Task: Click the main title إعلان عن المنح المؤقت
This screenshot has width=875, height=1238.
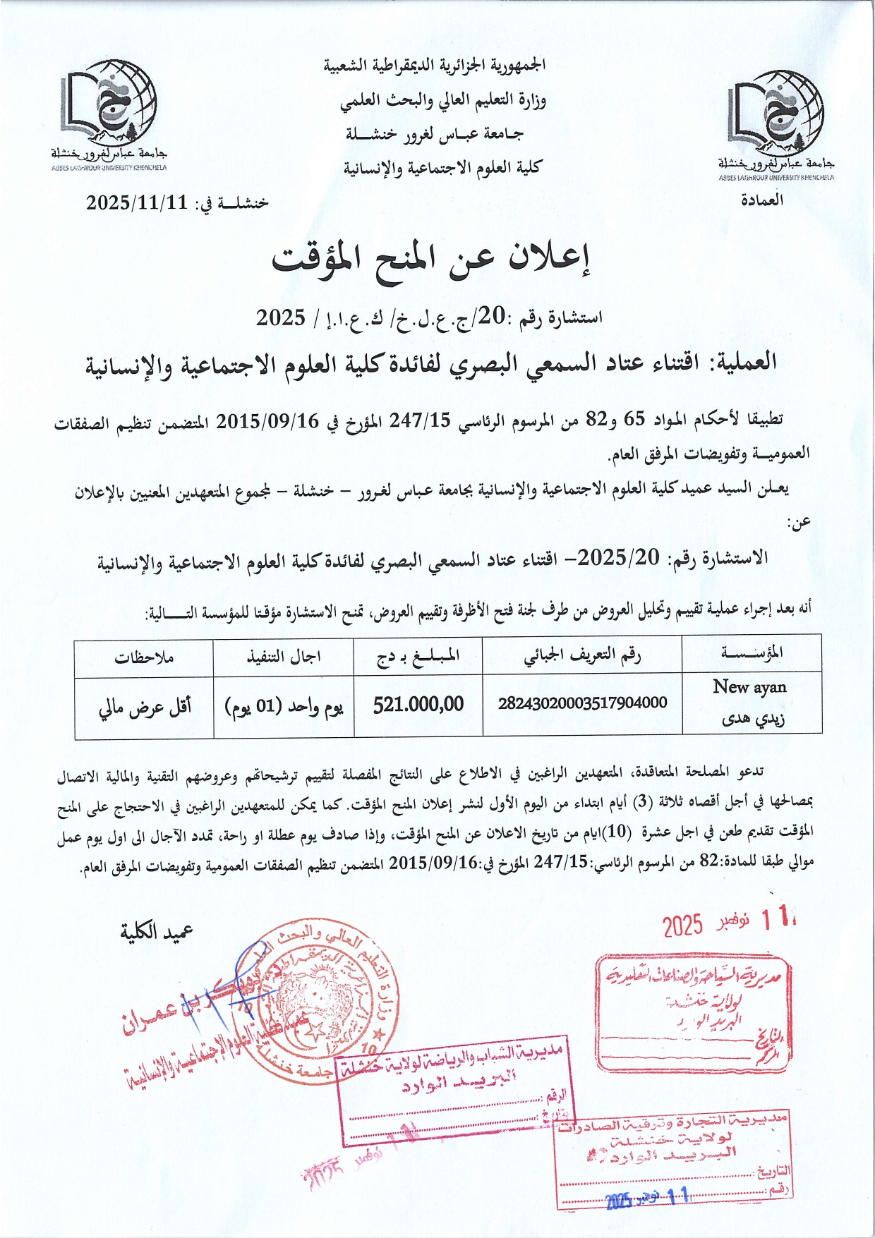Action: (x=432, y=260)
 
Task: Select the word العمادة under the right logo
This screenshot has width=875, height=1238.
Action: (x=761, y=200)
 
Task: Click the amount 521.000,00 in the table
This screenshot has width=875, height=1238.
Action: (x=418, y=704)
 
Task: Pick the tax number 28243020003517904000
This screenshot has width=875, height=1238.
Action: (x=582, y=703)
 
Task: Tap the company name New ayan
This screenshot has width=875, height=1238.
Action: (x=749, y=686)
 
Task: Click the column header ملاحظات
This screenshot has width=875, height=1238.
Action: (x=144, y=657)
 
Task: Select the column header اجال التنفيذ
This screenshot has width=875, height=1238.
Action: (x=283, y=657)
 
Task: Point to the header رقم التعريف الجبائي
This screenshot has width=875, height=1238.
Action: (x=582, y=656)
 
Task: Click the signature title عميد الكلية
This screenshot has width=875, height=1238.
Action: (x=156, y=933)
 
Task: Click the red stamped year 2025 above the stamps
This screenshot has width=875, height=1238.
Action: (x=682, y=925)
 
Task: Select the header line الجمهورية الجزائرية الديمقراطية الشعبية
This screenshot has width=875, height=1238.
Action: (x=435, y=66)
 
